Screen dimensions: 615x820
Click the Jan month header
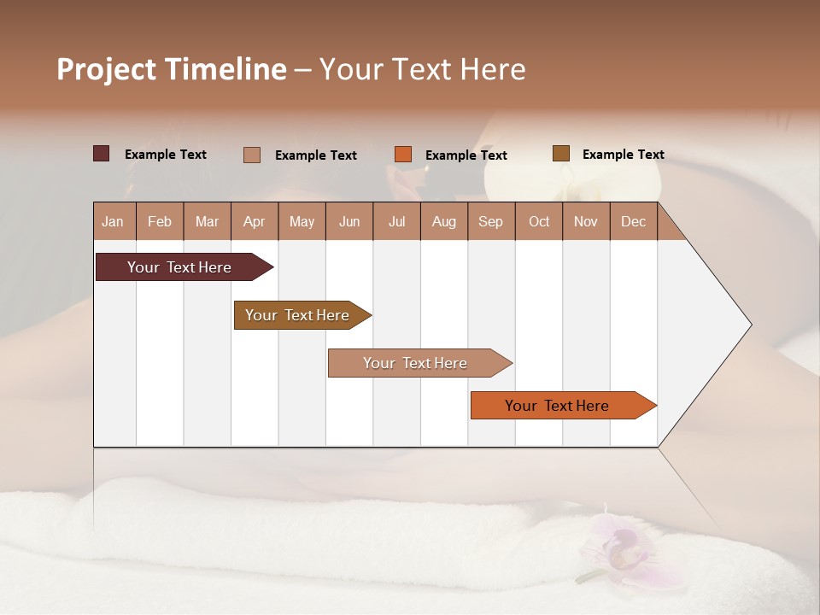click(x=113, y=221)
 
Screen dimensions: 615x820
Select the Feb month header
click(x=160, y=221)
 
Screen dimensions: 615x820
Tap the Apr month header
click(x=254, y=221)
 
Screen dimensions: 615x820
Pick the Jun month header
click(x=349, y=221)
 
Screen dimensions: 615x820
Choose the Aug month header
click(x=443, y=221)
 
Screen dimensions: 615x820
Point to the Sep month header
click(x=490, y=221)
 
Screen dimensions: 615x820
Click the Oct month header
click(x=539, y=221)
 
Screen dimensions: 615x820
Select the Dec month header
click(x=633, y=221)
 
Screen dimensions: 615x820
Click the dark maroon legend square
click(x=102, y=154)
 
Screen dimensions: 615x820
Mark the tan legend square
click(x=252, y=155)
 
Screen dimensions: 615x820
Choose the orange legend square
click(x=403, y=155)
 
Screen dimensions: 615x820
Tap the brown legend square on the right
click(x=561, y=154)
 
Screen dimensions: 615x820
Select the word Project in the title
click(x=106, y=69)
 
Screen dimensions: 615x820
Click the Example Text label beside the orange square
click(x=466, y=155)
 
